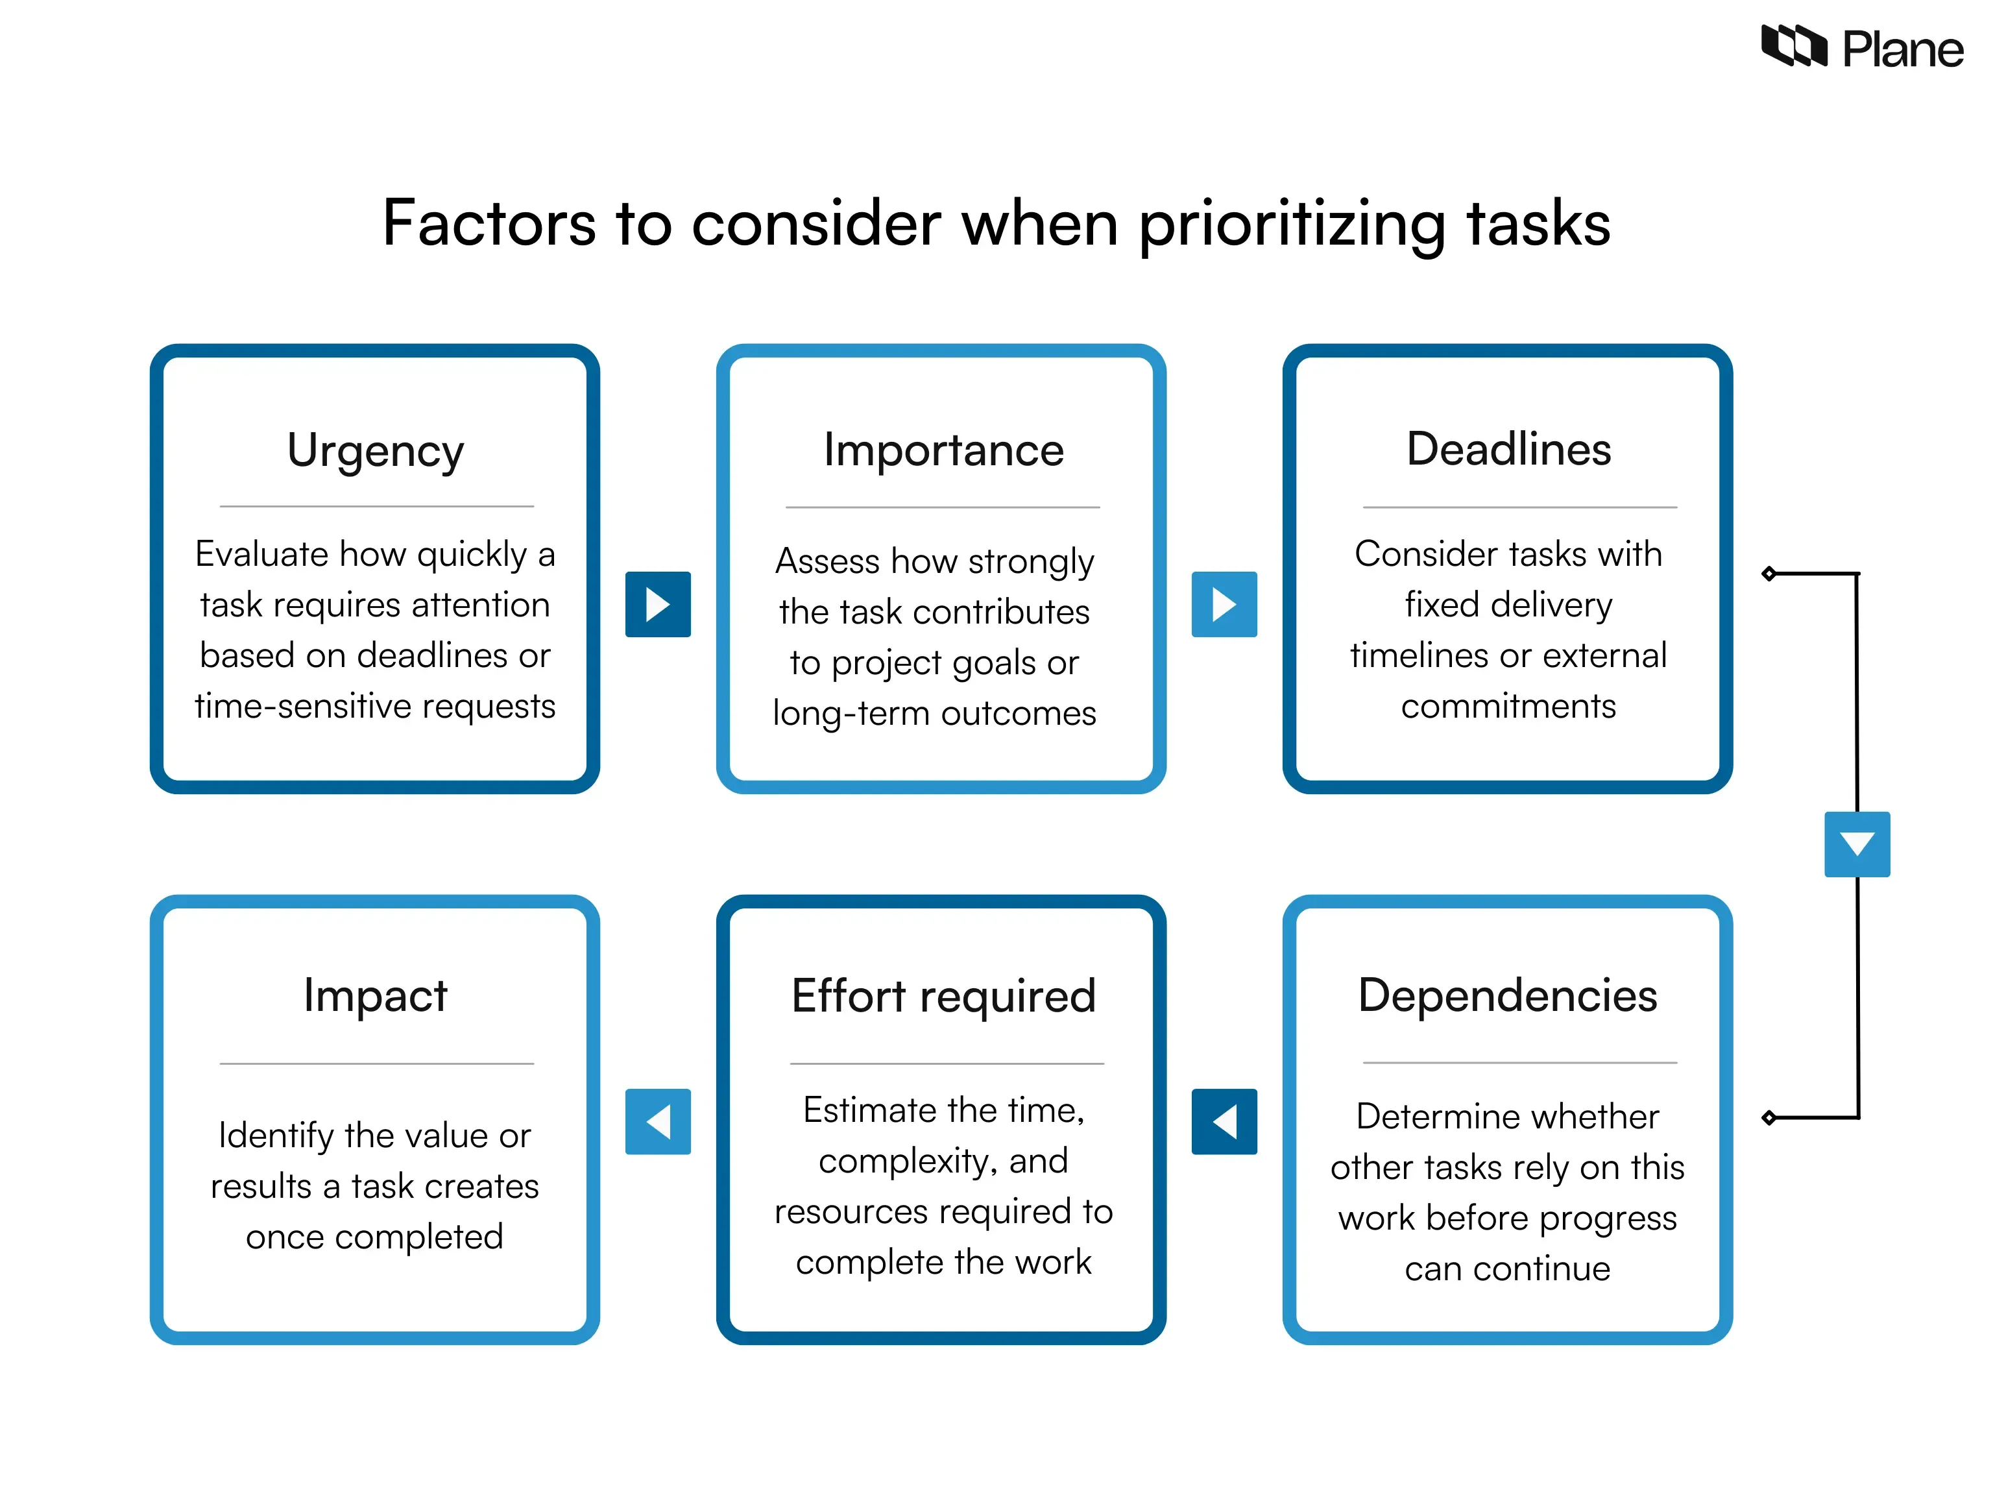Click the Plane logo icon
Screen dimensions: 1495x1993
click(1793, 46)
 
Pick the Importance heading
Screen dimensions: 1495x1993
click(943, 450)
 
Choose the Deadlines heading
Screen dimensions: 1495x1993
click(1508, 449)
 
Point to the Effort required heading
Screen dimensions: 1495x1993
click(943, 996)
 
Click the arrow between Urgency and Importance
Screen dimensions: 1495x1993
click(658, 603)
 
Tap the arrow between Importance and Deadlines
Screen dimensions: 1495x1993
click(1224, 603)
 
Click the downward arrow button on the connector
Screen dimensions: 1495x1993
click(1857, 844)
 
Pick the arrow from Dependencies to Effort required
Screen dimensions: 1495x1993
click(1224, 1121)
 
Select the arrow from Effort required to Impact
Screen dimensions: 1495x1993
click(658, 1121)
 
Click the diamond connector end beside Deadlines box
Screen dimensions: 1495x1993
click(1769, 573)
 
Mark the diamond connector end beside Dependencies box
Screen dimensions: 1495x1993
click(1769, 1117)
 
